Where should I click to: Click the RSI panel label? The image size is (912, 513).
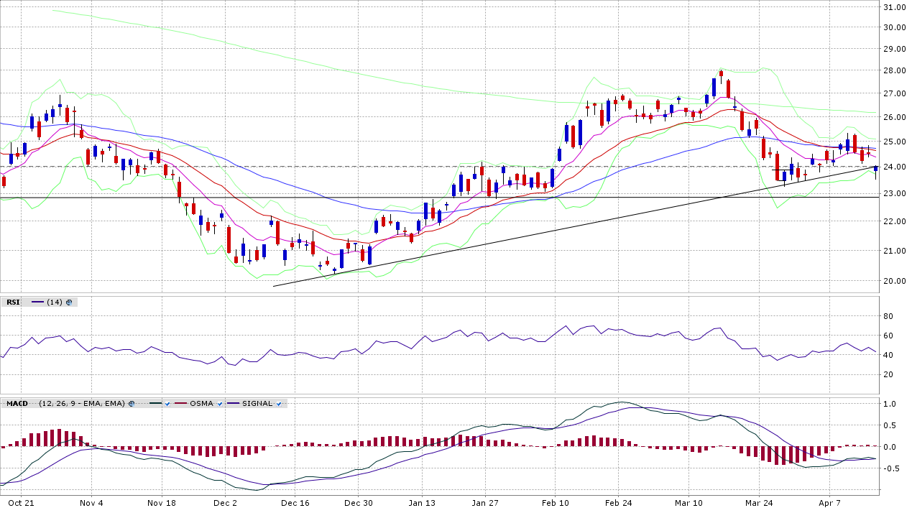[x=13, y=302]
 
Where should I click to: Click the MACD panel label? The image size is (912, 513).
[x=17, y=404]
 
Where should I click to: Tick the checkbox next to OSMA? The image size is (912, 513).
[x=220, y=404]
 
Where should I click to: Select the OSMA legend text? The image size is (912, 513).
[x=201, y=404]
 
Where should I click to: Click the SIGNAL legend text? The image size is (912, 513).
[x=257, y=404]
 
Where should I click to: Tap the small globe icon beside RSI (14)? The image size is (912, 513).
[x=69, y=302]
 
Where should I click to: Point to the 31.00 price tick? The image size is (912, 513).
[x=894, y=7]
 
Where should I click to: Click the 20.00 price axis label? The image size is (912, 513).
[x=894, y=281]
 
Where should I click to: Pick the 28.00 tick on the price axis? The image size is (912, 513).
[x=894, y=70]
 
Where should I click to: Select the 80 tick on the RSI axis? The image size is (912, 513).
[x=888, y=316]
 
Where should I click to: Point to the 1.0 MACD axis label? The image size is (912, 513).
[x=890, y=404]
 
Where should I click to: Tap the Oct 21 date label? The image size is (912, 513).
[x=22, y=503]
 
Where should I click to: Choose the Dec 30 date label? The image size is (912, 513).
[x=359, y=503]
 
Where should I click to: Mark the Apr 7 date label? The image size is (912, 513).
[x=829, y=503]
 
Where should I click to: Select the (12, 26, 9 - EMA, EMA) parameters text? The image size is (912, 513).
[x=83, y=404]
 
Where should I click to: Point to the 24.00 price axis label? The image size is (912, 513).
[x=894, y=167]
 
